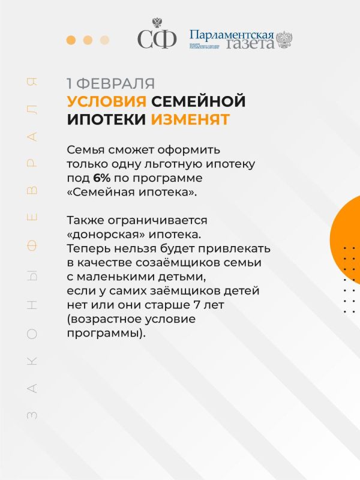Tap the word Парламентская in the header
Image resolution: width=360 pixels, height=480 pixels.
click(231, 34)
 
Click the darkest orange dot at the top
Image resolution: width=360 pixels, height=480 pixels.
click(71, 40)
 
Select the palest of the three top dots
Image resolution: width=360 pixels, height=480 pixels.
click(105, 40)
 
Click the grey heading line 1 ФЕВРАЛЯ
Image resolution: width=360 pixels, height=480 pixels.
click(110, 83)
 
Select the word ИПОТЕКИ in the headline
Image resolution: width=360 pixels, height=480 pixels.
click(106, 119)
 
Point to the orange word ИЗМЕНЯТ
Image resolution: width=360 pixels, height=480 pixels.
click(190, 119)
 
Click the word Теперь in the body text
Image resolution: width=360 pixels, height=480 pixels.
click(86, 248)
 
